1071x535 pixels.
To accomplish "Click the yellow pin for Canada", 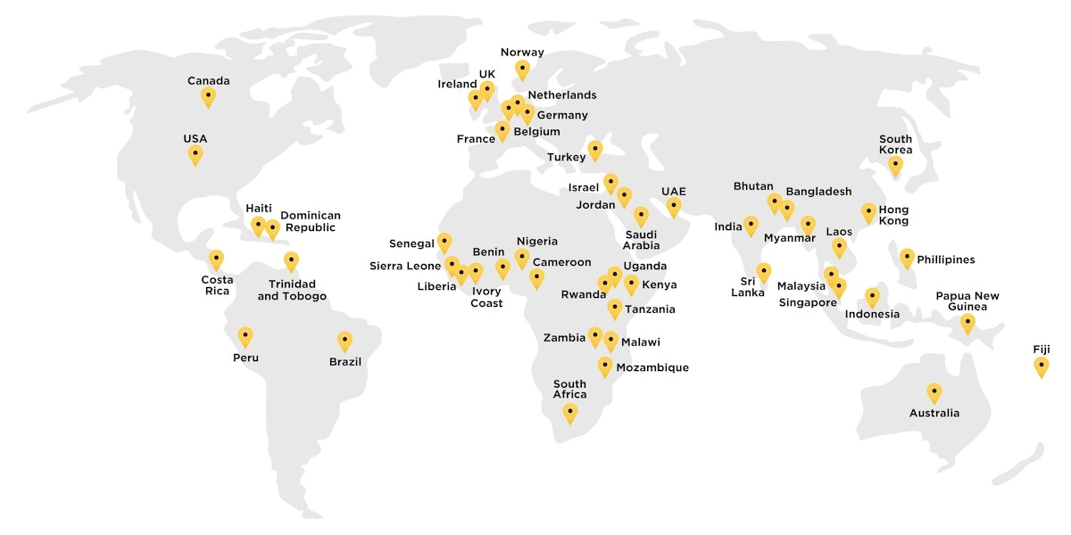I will [x=208, y=96].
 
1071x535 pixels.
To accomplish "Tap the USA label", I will [x=195, y=139].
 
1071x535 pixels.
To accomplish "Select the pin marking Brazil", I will [x=345, y=341].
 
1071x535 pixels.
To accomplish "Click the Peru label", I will [x=246, y=358].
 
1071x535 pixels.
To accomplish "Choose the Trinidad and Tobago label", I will [x=292, y=290].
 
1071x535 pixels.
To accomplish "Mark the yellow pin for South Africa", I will [x=569, y=413].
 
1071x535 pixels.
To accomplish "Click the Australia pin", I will [x=934, y=392].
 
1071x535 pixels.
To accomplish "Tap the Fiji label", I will [x=1042, y=349].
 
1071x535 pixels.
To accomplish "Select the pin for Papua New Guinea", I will [x=967, y=323].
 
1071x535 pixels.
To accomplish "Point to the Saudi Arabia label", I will [x=641, y=240].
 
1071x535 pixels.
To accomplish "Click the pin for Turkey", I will [x=595, y=150].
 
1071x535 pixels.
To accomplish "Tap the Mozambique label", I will [x=652, y=367].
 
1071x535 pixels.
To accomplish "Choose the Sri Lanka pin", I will [x=764, y=272].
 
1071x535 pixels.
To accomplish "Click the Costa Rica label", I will [x=217, y=285].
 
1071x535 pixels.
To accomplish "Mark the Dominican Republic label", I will [x=311, y=221].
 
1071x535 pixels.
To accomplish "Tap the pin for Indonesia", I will [x=872, y=297].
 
